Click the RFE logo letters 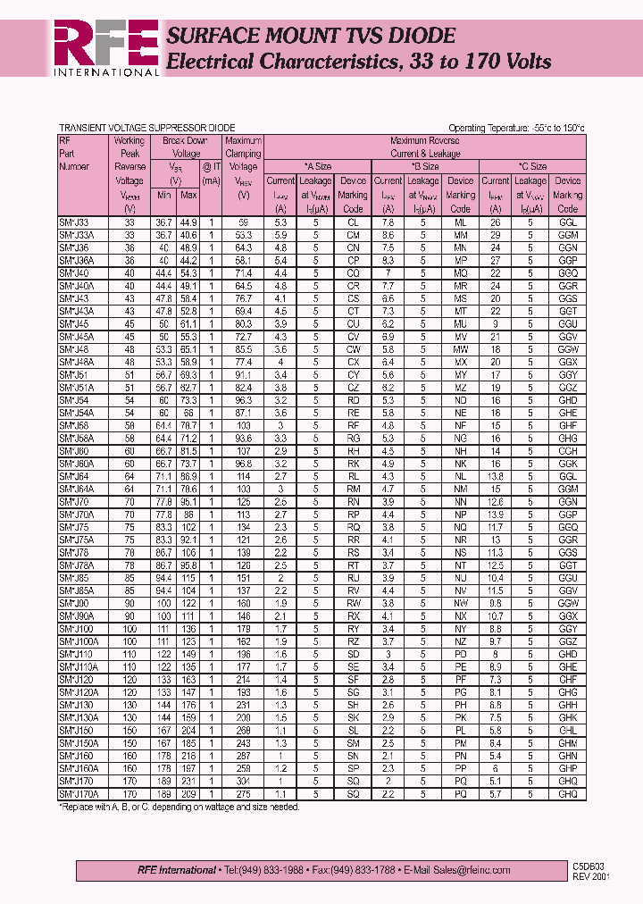(104, 42)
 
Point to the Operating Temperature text (516, 128)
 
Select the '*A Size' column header (317, 166)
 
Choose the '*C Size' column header (532, 166)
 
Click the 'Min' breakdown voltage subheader (163, 195)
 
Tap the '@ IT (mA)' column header (211, 172)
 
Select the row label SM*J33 (74, 222)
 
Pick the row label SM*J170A (79, 793)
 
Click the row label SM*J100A (79, 641)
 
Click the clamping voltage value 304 (243, 780)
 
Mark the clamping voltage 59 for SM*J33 (243, 222)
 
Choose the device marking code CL (353, 222)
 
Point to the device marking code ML (460, 222)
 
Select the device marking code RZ (353, 641)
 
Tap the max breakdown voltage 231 (188, 780)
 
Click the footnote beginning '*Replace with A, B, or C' (179, 807)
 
